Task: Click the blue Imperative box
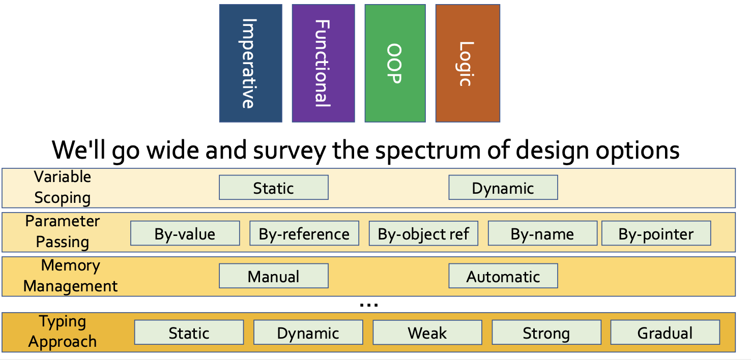point(250,63)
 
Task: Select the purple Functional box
point(323,63)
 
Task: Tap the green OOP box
point(395,63)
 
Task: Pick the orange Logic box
point(468,63)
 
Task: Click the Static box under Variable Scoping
point(274,188)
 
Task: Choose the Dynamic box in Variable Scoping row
point(503,188)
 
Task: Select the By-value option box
point(185,233)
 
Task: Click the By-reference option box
point(304,233)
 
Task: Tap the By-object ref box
point(423,233)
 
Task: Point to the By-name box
point(542,233)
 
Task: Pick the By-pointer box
point(656,233)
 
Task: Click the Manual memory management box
point(274,276)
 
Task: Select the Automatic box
point(503,276)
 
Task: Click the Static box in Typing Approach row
point(189,332)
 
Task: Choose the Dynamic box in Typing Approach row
point(308,332)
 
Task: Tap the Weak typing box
point(427,332)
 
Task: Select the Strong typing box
point(546,332)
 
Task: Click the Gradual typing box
point(665,332)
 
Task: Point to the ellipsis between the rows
point(369,305)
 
